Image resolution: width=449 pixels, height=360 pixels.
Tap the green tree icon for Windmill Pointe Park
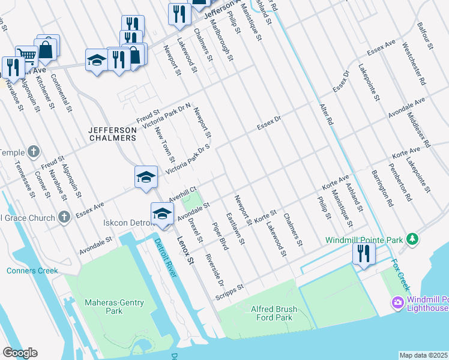pos(412,239)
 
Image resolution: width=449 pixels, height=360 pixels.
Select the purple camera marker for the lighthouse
pos(397,304)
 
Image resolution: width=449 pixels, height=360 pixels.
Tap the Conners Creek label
pos(33,271)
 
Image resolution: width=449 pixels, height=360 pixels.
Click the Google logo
pos(20,353)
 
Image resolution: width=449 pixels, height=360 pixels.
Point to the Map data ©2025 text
pos(424,355)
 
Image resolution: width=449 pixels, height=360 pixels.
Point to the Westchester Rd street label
pos(414,63)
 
